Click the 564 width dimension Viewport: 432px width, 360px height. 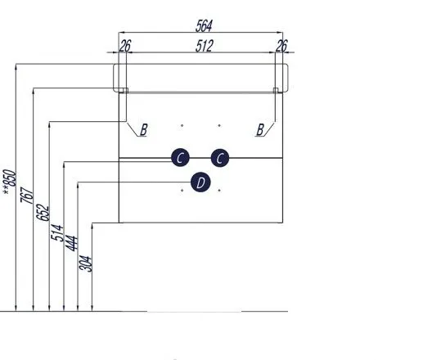(204, 26)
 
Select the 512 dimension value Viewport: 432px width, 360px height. (205, 46)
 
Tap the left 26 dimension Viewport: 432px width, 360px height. (125, 46)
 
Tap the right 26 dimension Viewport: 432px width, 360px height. (281, 46)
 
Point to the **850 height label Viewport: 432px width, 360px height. (10, 182)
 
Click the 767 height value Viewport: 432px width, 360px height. (27, 195)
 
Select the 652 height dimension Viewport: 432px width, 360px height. (43, 213)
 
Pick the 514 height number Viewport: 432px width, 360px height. (57, 232)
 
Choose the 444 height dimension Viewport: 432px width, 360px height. (71, 243)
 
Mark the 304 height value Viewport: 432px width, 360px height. (85, 264)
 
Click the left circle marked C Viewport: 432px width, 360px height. (180, 158)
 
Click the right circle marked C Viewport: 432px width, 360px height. (220, 158)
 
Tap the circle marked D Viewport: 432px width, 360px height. (200, 182)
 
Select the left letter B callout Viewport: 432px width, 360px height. (144, 129)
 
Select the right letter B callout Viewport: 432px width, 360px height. (260, 129)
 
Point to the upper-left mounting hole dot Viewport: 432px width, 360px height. (182, 126)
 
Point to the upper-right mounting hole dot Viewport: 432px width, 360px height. (219, 126)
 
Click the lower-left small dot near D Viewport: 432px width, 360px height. (182, 190)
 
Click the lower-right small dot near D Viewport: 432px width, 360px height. (219, 190)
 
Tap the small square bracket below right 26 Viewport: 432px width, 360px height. (276, 90)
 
